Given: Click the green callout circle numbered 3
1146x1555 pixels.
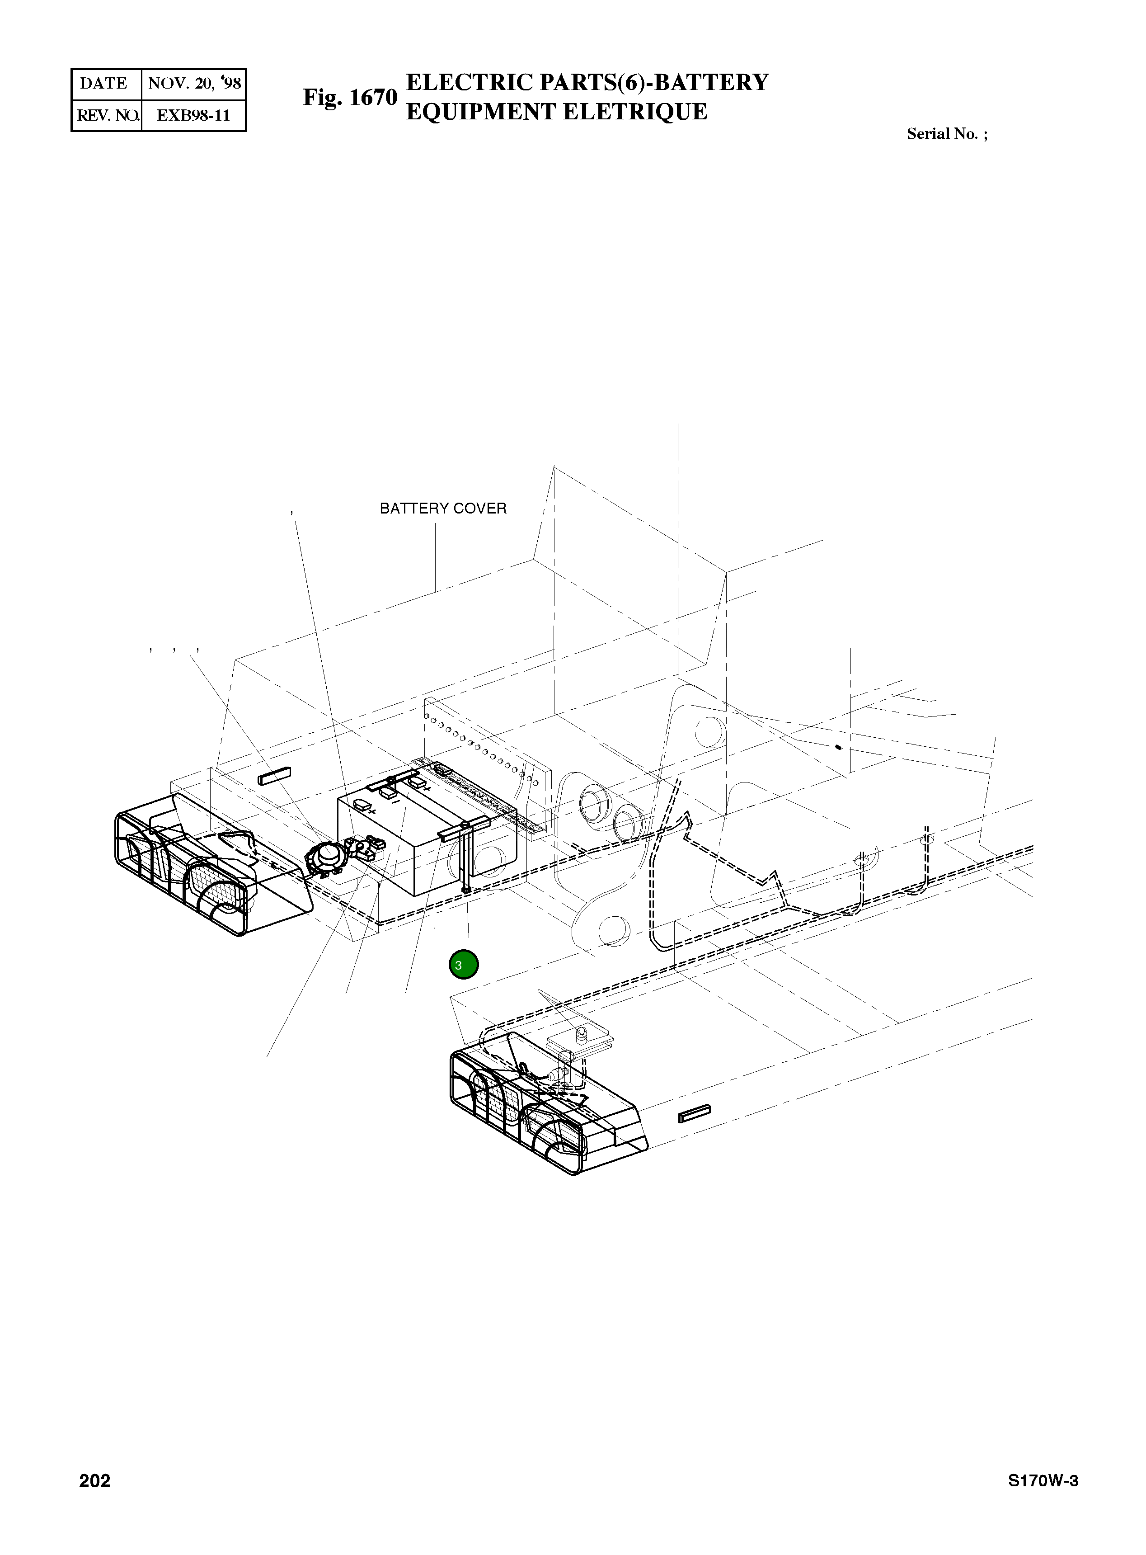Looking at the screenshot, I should [463, 965].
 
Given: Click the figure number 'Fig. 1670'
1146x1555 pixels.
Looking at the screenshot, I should [350, 97].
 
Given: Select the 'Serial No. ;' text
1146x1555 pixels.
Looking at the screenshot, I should [947, 134].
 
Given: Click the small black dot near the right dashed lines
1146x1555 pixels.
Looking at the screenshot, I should [839, 747].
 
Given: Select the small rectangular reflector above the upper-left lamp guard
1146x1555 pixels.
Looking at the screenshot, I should [274, 776].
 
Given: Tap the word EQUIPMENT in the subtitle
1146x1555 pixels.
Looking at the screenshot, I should [480, 112].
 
